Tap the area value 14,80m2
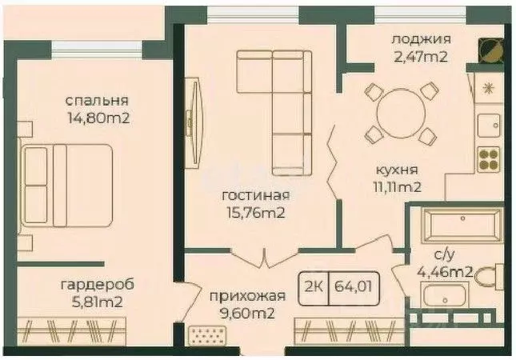pos(98,118)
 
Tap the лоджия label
pos(421,38)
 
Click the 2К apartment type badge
pos(314,283)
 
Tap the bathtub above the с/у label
pos(451,225)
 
